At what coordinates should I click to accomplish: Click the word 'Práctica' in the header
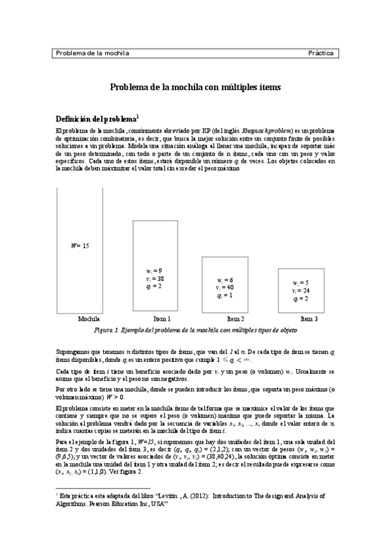(321, 53)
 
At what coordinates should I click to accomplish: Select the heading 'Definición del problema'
(95, 120)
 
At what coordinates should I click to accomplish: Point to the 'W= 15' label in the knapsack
(80, 246)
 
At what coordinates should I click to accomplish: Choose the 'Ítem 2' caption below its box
(235, 319)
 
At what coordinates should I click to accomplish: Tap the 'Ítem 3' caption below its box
(309, 319)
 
